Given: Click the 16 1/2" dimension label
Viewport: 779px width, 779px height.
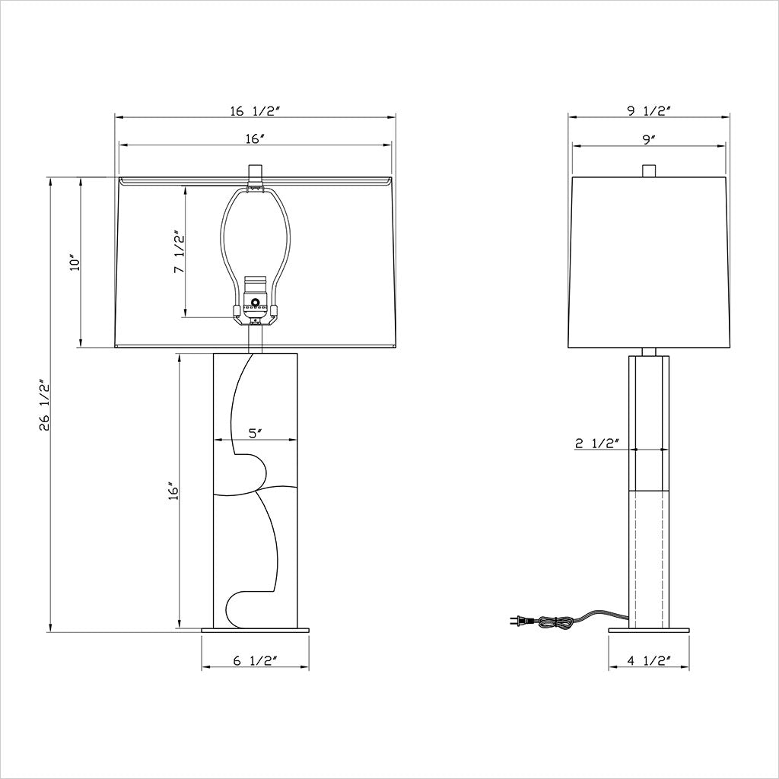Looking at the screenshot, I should click(x=256, y=110).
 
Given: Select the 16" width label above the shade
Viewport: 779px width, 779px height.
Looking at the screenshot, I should click(x=255, y=138).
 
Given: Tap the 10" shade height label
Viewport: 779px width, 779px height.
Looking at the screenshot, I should click(x=74, y=262).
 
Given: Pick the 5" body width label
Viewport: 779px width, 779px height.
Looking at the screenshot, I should click(x=256, y=434).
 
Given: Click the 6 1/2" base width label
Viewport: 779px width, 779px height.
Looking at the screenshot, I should click(x=253, y=661).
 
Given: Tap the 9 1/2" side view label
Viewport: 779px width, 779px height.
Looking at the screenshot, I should click(x=649, y=110).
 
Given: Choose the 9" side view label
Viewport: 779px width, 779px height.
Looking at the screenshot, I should click(x=649, y=138).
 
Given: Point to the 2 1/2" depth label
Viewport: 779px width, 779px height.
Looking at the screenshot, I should click(x=597, y=444).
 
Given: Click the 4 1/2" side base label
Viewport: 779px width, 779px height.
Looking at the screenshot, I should click(x=647, y=661).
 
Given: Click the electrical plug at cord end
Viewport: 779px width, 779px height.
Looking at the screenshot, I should click(x=517, y=622).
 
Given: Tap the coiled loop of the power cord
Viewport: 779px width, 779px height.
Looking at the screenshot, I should click(x=554, y=622).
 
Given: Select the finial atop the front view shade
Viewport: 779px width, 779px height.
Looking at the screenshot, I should click(x=255, y=170).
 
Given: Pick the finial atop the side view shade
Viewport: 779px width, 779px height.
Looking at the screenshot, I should click(x=649, y=170).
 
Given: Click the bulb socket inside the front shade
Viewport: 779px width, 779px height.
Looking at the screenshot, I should click(x=255, y=304).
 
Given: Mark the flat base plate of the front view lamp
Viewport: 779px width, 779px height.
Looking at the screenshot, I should click(x=255, y=630).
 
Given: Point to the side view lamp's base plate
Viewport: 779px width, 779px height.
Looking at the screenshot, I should click(x=648, y=630).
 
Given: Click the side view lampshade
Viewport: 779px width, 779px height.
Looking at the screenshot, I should click(x=649, y=262).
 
